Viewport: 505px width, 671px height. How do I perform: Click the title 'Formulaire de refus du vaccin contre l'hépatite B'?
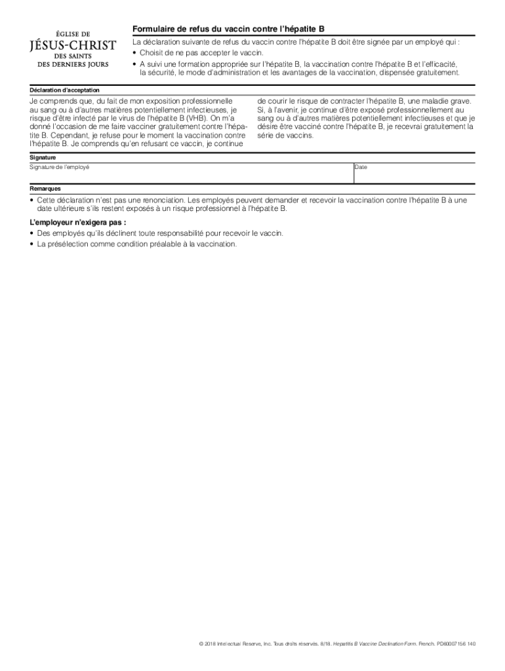pyautogui.click(x=228, y=29)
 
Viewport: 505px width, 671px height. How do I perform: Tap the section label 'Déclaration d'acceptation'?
pyautogui.click(x=65, y=90)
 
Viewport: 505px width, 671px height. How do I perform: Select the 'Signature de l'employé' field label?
pyautogui.click(x=60, y=167)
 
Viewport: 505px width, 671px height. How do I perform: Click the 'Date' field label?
pyautogui.click(x=361, y=167)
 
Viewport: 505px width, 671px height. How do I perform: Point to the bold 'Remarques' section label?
pyautogui.click(x=45, y=188)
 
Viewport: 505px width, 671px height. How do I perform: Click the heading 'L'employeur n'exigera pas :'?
pyautogui.click(x=78, y=222)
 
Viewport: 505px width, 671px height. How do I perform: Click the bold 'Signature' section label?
pyautogui.click(x=43, y=157)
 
